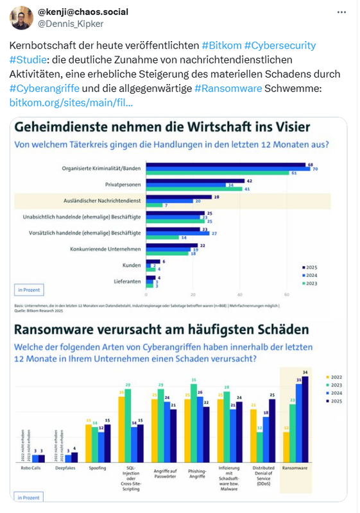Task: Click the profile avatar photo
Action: pos(21,17)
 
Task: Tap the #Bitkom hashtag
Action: pos(223,46)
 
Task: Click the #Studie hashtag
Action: pos(28,60)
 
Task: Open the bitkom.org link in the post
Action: pos(71,102)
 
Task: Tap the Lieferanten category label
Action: pos(127,280)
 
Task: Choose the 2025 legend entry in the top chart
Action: pos(311,267)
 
